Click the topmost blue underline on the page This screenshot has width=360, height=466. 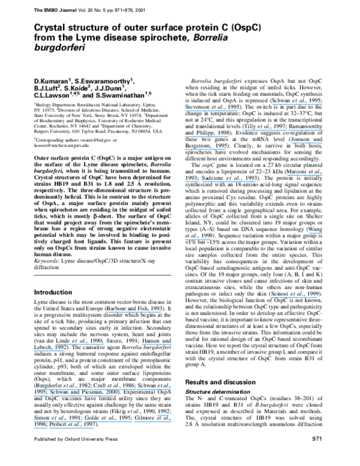click(x=297, y=104)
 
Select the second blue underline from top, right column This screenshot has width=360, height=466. click(x=211, y=111)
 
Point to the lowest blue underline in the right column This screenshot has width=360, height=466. click(x=294, y=297)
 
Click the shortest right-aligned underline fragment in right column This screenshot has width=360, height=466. click(x=316, y=233)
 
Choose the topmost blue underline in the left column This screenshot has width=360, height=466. click(x=134, y=312)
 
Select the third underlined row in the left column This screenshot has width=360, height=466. click(x=49, y=351)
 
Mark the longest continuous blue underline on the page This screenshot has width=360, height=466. click(x=86, y=389)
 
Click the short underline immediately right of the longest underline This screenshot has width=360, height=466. click(x=154, y=389)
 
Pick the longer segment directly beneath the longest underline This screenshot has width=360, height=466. click(x=82, y=396)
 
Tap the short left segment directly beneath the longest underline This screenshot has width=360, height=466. click(x=40, y=396)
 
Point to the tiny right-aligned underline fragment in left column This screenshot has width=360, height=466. click(x=163, y=415)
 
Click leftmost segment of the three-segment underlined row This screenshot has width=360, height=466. click(x=58, y=422)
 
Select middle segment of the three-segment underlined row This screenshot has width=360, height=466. click(x=109, y=422)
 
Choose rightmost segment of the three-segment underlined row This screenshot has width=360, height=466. click(x=152, y=422)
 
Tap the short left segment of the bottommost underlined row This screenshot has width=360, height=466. click(x=40, y=428)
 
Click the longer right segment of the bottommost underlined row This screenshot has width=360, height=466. click(x=71, y=428)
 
